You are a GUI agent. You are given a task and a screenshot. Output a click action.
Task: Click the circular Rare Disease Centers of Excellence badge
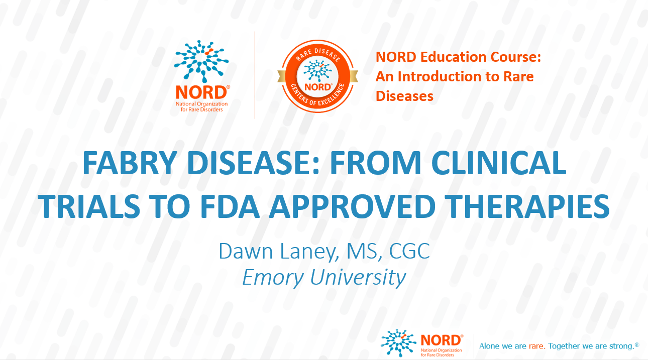click(317, 76)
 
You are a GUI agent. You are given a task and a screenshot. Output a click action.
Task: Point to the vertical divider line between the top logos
click(255, 75)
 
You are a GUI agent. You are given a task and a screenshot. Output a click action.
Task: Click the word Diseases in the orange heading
click(404, 95)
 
